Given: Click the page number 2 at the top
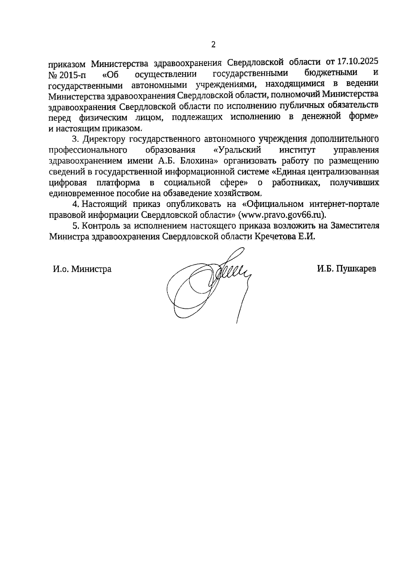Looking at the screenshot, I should click(x=214, y=45).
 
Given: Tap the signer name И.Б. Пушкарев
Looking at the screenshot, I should click(x=346, y=269).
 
